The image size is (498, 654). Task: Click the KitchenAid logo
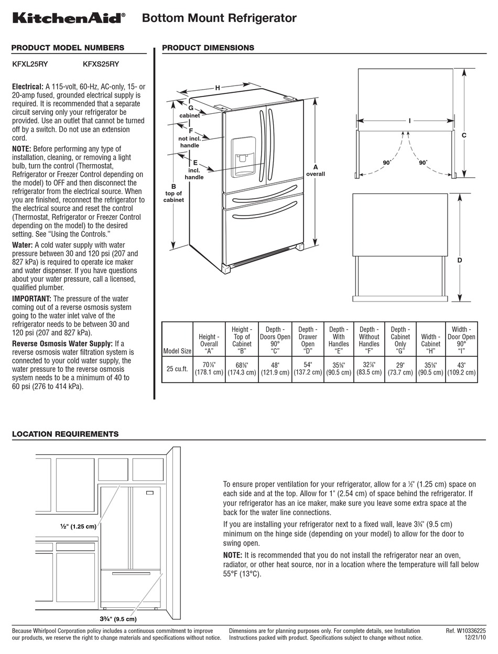(x=69, y=18)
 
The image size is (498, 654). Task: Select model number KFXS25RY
(x=101, y=65)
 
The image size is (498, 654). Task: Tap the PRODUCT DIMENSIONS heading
(x=208, y=48)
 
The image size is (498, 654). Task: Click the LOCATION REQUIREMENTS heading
(x=65, y=434)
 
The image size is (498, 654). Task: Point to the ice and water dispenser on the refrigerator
(x=243, y=155)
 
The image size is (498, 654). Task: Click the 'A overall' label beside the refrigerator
(x=316, y=170)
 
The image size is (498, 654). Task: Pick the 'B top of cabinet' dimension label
(x=174, y=192)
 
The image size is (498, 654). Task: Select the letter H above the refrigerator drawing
(x=217, y=88)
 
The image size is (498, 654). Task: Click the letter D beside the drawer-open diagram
(x=460, y=260)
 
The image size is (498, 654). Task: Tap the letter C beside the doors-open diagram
(x=464, y=135)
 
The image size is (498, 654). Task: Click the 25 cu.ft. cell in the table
(x=177, y=369)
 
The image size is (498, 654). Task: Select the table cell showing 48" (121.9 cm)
(x=274, y=369)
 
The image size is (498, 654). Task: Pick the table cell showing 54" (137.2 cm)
(x=307, y=369)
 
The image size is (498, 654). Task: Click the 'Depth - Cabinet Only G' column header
(x=399, y=340)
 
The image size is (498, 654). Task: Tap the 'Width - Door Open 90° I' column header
(x=461, y=340)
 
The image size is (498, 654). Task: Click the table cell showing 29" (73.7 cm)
(x=399, y=369)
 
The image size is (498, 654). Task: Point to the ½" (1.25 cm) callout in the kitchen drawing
(x=78, y=526)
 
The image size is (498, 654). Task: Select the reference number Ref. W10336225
(x=465, y=630)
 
